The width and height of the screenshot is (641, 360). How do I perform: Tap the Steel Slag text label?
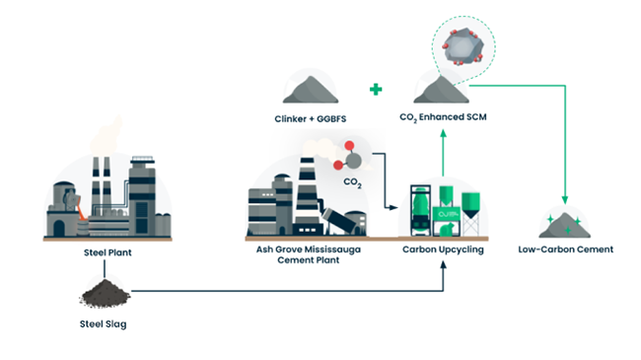[104, 324]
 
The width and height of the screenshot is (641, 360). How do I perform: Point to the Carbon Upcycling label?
[443, 251]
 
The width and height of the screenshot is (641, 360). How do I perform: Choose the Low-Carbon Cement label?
[565, 250]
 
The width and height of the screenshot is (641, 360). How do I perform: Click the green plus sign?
[376, 90]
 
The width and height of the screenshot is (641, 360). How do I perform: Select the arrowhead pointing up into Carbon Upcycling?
[443, 268]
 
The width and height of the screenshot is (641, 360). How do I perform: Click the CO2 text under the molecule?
[352, 182]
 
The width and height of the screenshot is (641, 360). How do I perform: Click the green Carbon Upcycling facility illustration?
[443, 209]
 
